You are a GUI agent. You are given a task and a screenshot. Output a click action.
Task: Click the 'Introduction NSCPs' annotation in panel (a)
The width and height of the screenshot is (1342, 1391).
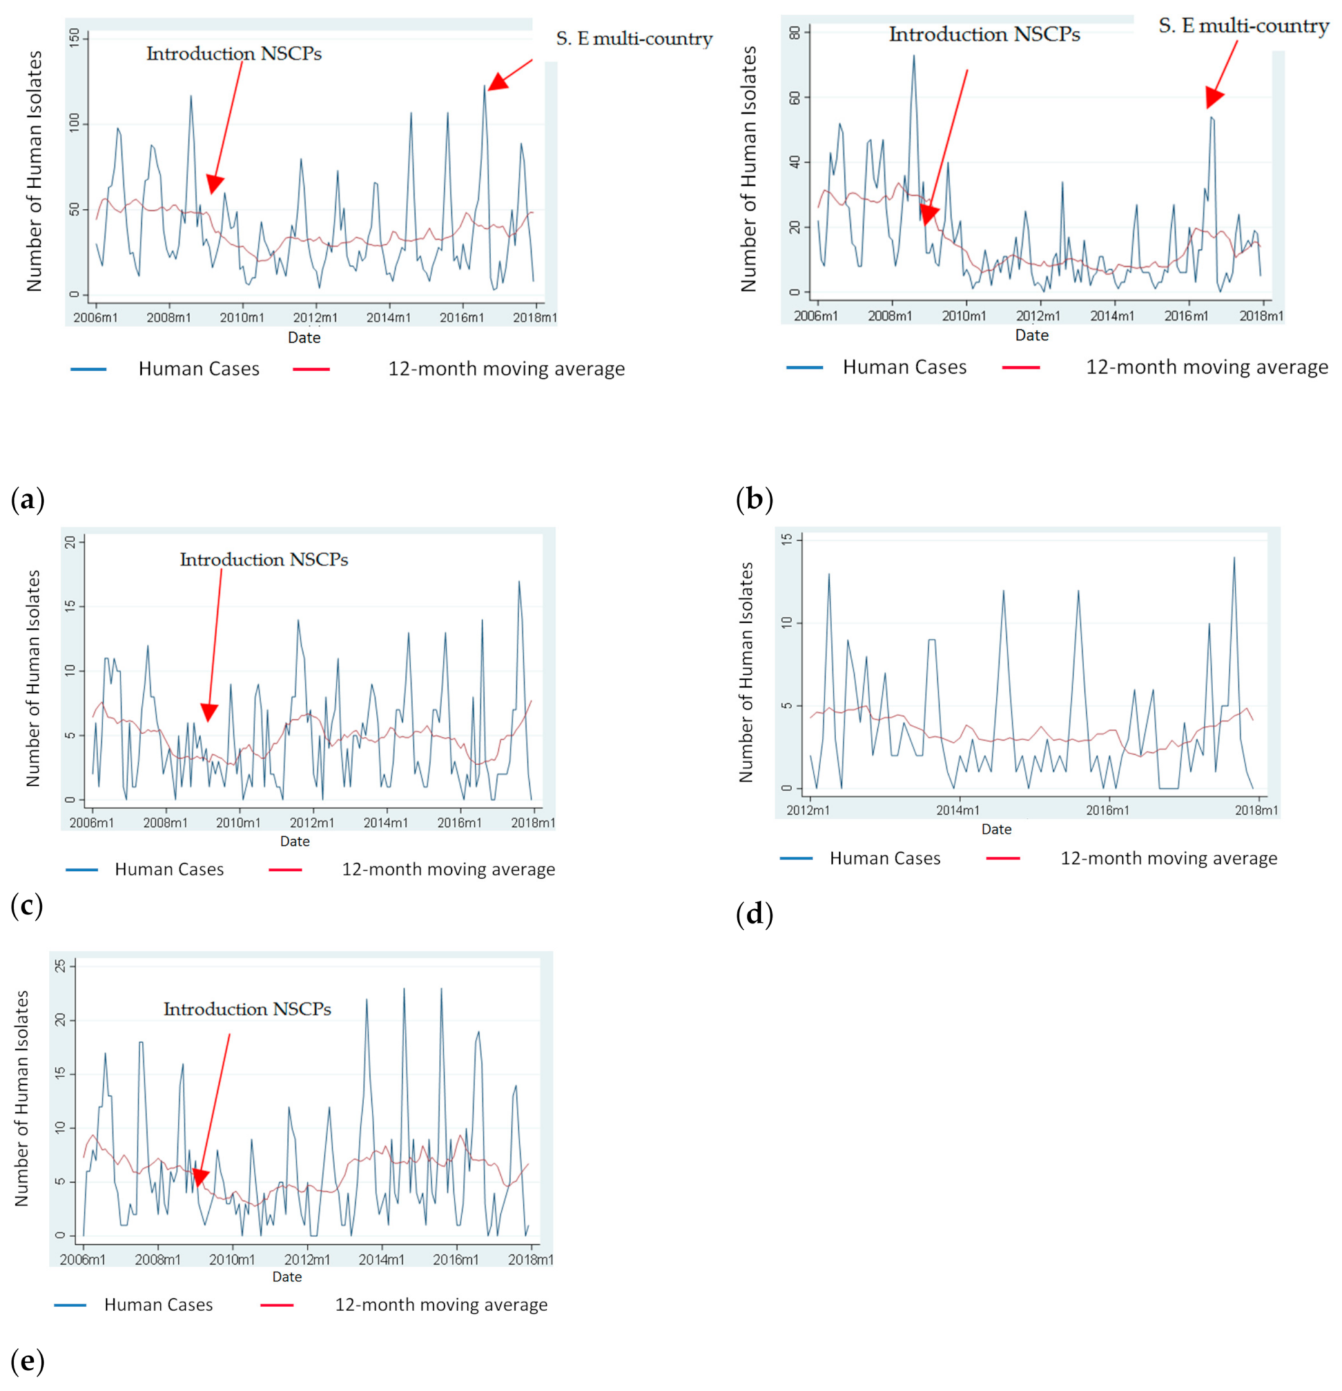point(233,54)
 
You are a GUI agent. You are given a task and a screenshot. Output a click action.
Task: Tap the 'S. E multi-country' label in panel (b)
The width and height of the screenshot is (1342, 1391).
point(1243,27)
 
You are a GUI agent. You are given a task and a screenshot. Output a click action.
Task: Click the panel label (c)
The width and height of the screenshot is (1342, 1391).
point(28,906)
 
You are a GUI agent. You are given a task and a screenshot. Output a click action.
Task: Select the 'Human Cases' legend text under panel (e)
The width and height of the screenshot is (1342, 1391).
point(159,1305)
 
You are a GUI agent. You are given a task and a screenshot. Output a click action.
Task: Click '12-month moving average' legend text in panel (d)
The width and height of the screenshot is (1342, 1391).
point(1168,858)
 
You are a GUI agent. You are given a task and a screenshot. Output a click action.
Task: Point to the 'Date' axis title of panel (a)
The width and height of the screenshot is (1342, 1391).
point(304,338)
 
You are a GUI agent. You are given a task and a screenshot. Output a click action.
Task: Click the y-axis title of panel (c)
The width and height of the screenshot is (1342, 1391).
point(34,677)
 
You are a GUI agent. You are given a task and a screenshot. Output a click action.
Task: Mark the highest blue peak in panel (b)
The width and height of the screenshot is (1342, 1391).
point(913,56)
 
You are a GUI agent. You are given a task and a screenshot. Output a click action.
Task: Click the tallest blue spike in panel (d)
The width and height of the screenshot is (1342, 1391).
point(1234,558)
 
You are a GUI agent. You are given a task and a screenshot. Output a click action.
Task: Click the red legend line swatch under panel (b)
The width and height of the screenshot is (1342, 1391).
point(1020,367)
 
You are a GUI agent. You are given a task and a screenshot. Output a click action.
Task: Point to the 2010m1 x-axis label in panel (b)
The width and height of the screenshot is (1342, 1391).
point(964,315)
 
